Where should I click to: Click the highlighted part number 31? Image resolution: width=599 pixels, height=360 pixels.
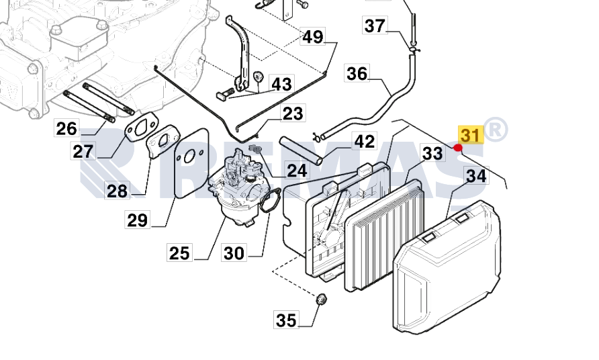click(470, 135)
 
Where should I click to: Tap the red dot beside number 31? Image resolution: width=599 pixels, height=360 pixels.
click(458, 148)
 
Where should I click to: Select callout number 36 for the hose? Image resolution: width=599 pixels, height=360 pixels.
click(357, 73)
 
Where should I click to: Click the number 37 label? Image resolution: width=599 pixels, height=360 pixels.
click(375, 26)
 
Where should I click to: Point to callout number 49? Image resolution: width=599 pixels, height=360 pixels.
click(312, 36)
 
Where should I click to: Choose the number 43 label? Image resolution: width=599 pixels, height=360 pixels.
click(281, 84)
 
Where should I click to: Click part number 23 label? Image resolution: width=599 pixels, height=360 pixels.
click(292, 113)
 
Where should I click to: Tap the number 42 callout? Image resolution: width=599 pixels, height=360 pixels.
click(365, 142)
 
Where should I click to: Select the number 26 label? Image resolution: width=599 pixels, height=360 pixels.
click(66, 128)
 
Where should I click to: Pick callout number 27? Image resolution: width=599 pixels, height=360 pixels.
click(83, 151)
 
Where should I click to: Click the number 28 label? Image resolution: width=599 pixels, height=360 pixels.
click(117, 191)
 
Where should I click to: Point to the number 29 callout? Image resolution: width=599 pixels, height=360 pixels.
click(138, 219)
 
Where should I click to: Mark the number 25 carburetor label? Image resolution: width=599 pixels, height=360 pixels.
click(179, 253)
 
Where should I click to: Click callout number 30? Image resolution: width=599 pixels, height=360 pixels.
click(234, 253)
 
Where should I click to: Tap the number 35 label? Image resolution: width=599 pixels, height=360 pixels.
click(286, 320)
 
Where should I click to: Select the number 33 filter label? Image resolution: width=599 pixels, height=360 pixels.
click(432, 154)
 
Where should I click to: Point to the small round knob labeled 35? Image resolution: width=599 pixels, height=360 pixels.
click(322, 300)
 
